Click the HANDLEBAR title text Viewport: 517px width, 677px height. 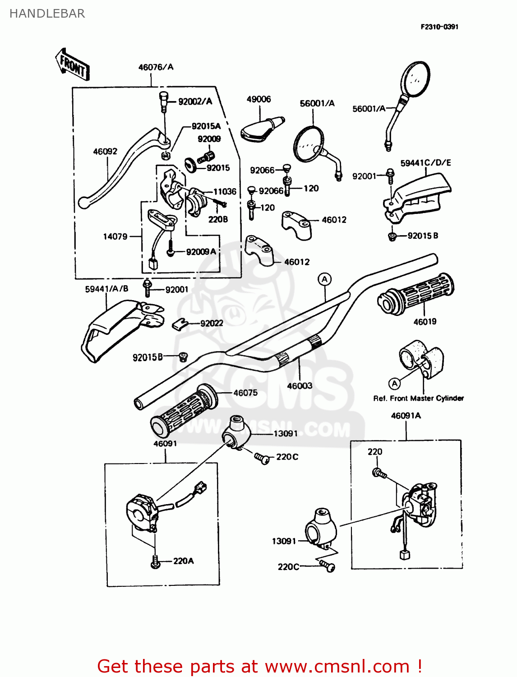[47, 14]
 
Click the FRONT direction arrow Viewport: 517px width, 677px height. [72, 65]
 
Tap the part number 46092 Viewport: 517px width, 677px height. [105, 152]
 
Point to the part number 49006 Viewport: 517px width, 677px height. [258, 99]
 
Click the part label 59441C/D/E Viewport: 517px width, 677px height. [425, 162]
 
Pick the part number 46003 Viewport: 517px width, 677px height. [300, 386]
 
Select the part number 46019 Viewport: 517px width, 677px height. [425, 322]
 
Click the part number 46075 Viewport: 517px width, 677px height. [245, 393]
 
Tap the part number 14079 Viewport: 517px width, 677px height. [115, 236]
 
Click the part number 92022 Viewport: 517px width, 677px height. [212, 323]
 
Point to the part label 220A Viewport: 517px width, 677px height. [183, 561]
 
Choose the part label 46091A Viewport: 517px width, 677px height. [406, 416]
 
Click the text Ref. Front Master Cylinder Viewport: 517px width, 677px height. [418, 398]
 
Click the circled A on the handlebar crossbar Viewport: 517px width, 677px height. [324, 279]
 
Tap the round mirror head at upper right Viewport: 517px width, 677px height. [415, 79]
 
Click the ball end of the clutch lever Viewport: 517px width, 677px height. [83, 203]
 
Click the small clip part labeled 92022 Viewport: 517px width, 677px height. [180, 324]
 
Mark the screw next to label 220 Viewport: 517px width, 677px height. [378, 473]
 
